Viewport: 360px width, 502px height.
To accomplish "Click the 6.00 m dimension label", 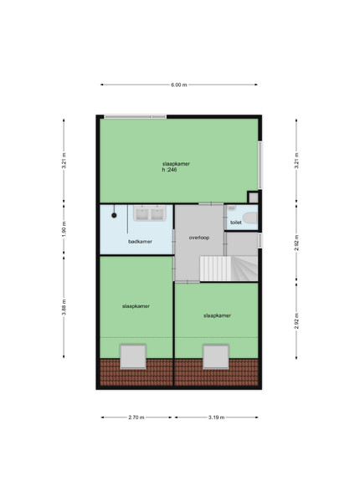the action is click(x=178, y=85).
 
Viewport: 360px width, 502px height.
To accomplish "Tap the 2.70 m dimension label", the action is click(x=136, y=417).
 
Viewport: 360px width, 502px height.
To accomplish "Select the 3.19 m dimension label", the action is click(x=217, y=417).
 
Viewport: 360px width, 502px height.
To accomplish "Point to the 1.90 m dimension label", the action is click(x=64, y=229).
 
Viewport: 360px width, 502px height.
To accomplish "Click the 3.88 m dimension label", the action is click(x=64, y=307).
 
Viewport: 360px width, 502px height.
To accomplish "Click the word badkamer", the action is click(x=141, y=242).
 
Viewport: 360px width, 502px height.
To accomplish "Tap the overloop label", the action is click(x=199, y=238).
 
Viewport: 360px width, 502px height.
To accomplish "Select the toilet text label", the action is click(x=236, y=223).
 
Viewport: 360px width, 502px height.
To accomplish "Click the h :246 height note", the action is click(x=169, y=170).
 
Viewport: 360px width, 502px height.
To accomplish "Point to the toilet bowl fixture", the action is click(x=250, y=218).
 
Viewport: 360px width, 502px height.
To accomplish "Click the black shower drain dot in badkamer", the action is click(x=114, y=216).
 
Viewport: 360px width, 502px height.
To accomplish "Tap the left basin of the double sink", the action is click(x=141, y=214).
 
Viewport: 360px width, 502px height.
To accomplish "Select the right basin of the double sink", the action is click(x=157, y=214).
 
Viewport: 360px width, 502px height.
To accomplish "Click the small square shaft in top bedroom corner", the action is click(x=253, y=197).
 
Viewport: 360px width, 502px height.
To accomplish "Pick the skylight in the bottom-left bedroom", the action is click(x=133, y=356).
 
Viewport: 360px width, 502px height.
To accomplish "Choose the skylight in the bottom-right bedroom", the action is click(x=216, y=356).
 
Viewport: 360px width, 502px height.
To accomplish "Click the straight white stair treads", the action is click(x=215, y=268).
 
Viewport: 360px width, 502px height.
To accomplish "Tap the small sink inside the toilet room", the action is click(x=232, y=207).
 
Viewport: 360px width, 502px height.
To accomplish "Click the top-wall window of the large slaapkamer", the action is click(x=136, y=117).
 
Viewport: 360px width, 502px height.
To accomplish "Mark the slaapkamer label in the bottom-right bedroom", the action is click(x=217, y=315).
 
